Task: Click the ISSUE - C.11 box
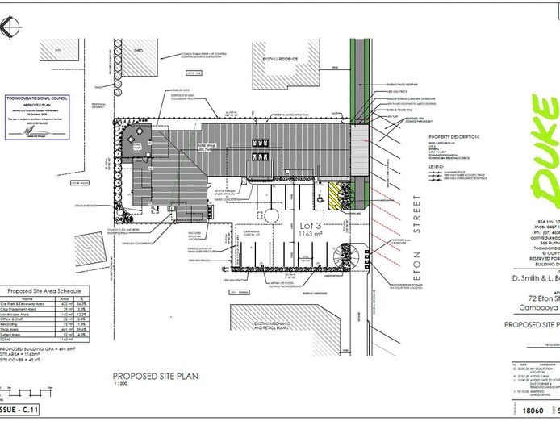[x=21, y=411]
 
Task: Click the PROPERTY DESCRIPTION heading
[x=457, y=136]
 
